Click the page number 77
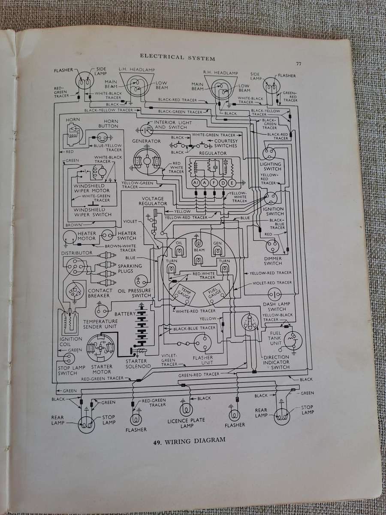coord(299,64)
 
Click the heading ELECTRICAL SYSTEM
coord(177,57)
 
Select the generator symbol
coord(146,161)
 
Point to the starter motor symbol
coord(102,348)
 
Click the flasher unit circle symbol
coord(203,343)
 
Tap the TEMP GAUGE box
coord(178,293)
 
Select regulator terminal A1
coord(196,183)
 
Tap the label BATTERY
coord(125,314)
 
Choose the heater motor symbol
coord(68,236)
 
